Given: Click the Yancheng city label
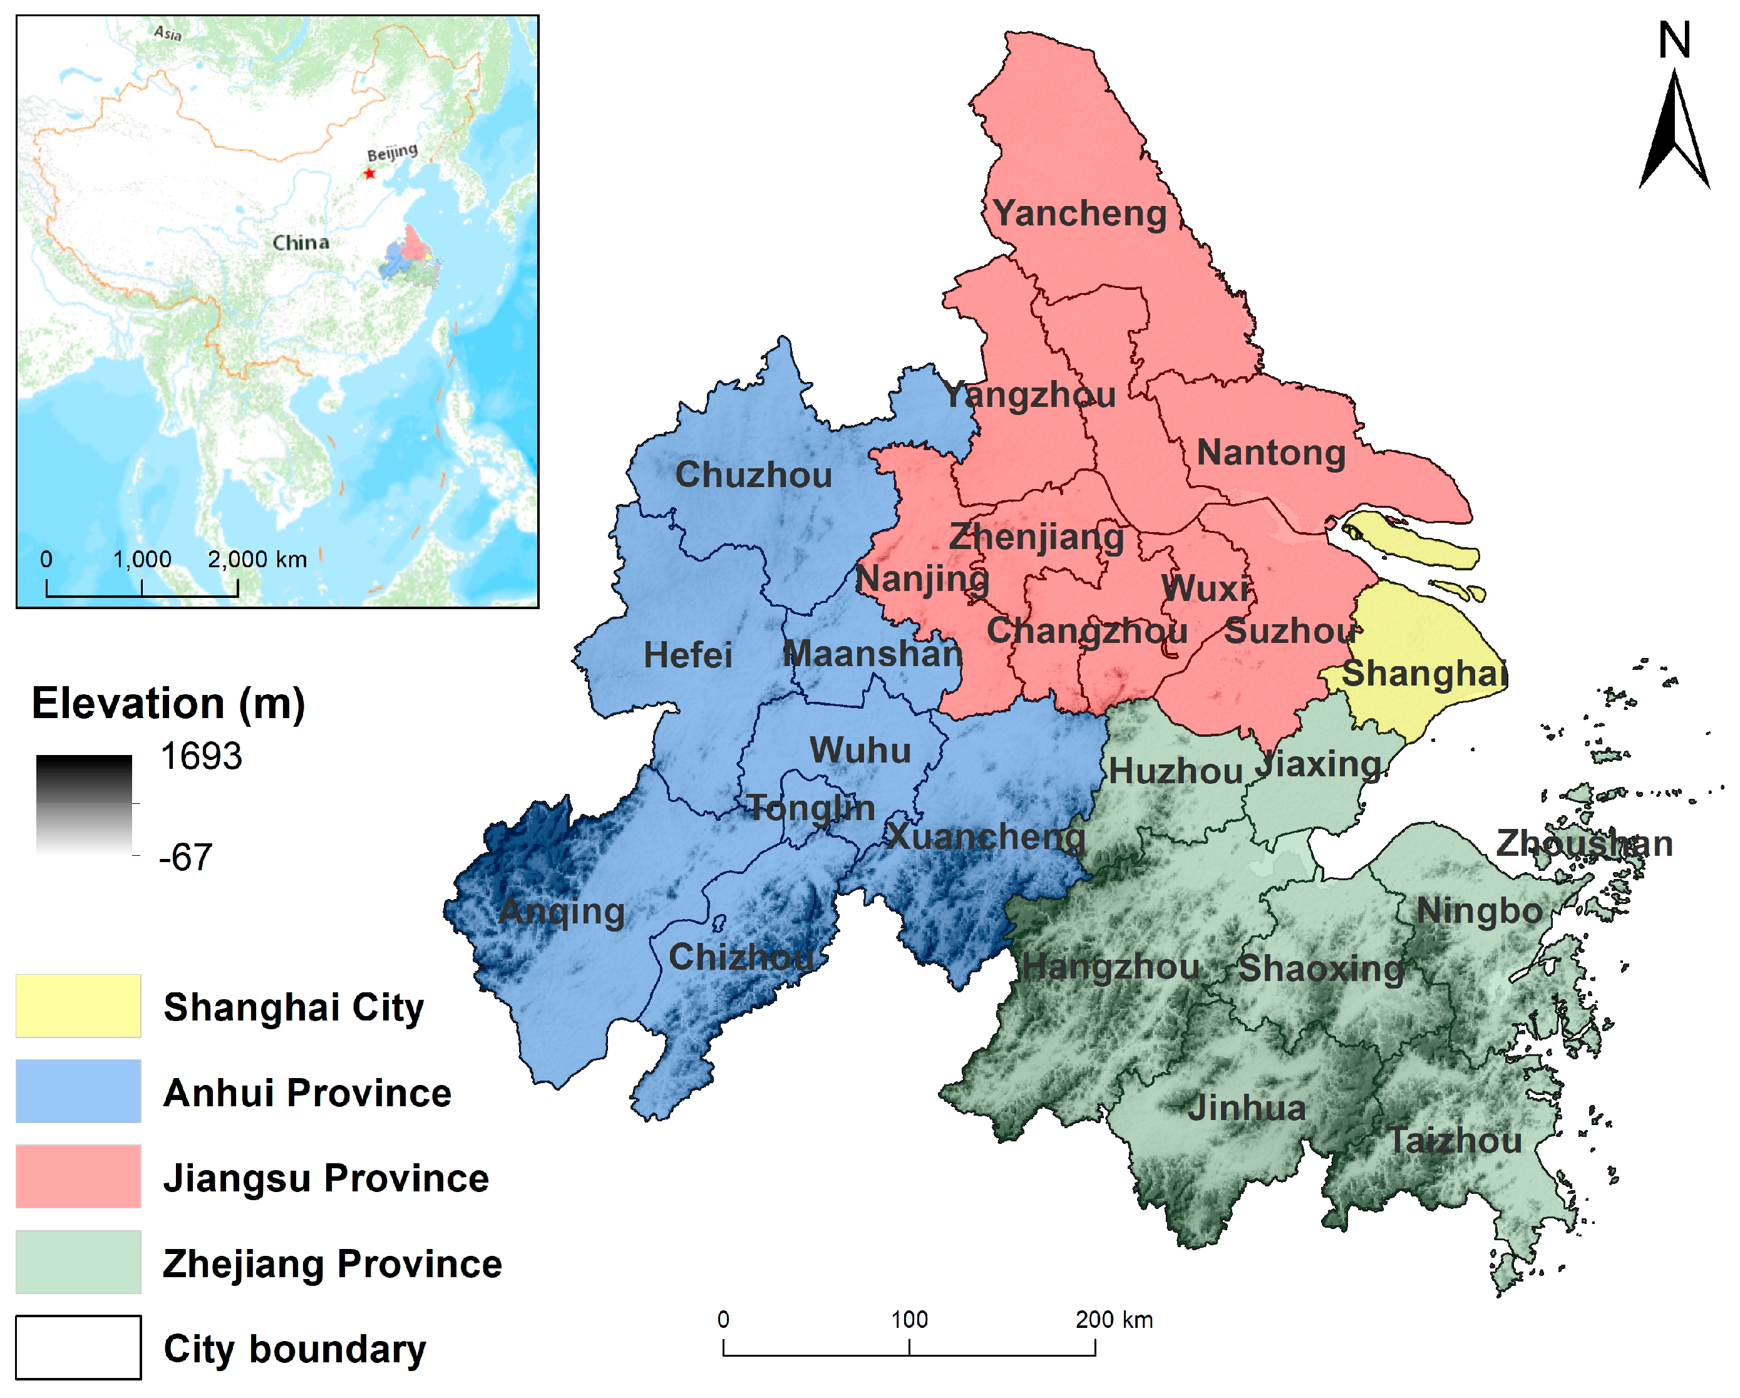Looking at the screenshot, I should (x=1080, y=214).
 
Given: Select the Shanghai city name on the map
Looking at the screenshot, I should (x=1424, y=673).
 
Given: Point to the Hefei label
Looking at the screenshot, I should (x=687, y=655).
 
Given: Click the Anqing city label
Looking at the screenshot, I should (x=562, y=912).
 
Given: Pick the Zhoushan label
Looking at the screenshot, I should (x=1584, y=845).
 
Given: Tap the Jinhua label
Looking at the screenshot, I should (x=1247, y=1108).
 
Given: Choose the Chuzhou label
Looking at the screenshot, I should (x=753, y=475).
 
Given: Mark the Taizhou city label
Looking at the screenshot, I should (x=1454, y=1141).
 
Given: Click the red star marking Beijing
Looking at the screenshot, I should (x=369, y=173).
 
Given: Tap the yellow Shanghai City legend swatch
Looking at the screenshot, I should (x=78, y=1005).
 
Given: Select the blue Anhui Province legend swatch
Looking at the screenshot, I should (x=78, y=1091).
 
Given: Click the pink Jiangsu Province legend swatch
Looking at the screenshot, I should (x=78, y=1176).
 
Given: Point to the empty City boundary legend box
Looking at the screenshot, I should (x=78, y=1347).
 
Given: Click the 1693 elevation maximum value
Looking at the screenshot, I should (x=201, y=757).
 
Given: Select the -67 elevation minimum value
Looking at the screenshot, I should (x=185, y=857).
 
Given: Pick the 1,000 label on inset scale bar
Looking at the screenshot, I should (x=142, y=559).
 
